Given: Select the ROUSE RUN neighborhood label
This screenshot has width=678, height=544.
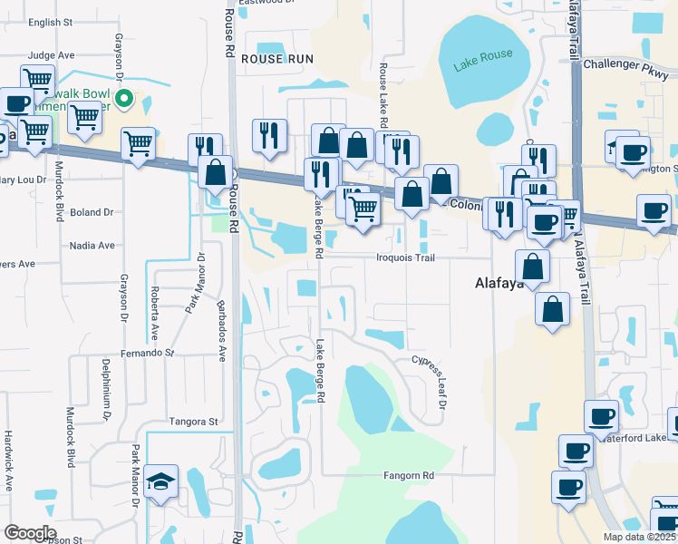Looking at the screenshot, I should coord(277,58).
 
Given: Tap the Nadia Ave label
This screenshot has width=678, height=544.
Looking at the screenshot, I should coord(92,245).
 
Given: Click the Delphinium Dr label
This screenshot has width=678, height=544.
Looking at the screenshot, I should coord(106,390).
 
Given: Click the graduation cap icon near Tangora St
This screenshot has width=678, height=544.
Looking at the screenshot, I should coord(161,481).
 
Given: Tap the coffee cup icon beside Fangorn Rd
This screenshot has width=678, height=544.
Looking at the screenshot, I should coord(568,487).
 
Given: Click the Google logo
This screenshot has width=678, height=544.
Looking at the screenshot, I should coord(29,533).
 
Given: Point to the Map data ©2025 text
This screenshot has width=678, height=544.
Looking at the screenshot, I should coord(639,537).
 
